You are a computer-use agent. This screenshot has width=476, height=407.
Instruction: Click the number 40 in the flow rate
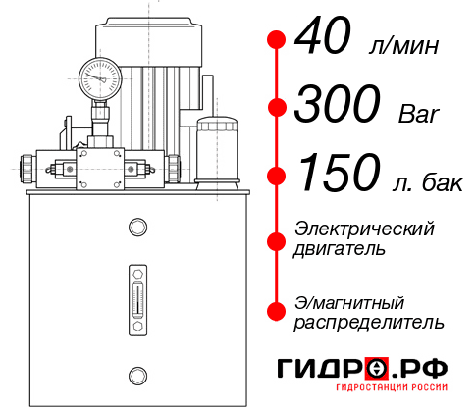328,41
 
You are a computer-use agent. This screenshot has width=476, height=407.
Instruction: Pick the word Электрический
364,228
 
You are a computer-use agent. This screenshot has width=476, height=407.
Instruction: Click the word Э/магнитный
349,301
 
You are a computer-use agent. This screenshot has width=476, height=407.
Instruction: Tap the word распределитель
368,322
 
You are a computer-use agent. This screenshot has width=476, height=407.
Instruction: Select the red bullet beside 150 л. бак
277,175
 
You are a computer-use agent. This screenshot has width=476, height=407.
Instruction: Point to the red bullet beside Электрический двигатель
277,240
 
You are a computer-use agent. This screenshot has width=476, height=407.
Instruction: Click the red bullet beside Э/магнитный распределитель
277,311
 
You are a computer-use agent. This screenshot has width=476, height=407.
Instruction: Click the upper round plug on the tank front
136,228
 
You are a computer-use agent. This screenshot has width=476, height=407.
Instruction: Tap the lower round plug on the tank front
136,373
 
